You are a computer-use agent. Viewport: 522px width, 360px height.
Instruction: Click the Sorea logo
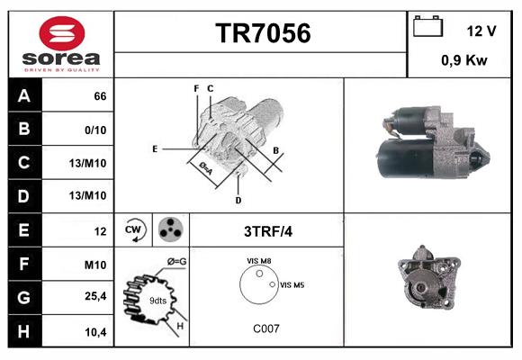(60, 45)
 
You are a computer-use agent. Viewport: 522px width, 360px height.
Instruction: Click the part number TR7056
(262, 33)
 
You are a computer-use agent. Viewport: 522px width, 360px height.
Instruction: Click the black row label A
(23, 95)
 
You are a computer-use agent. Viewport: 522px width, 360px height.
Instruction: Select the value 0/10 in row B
(94, 129)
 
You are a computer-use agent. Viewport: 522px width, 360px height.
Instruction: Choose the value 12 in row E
(100, 231)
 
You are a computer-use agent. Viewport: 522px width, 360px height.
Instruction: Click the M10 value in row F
(95, 265)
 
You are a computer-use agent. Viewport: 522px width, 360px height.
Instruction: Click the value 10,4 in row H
(96, 332)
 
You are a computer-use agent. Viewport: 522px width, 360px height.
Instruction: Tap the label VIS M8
(260, 261)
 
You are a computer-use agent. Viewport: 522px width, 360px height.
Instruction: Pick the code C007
(265, 328)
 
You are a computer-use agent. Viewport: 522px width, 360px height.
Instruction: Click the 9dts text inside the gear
(158, 300)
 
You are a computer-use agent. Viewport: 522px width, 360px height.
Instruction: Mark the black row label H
(23, 332)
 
